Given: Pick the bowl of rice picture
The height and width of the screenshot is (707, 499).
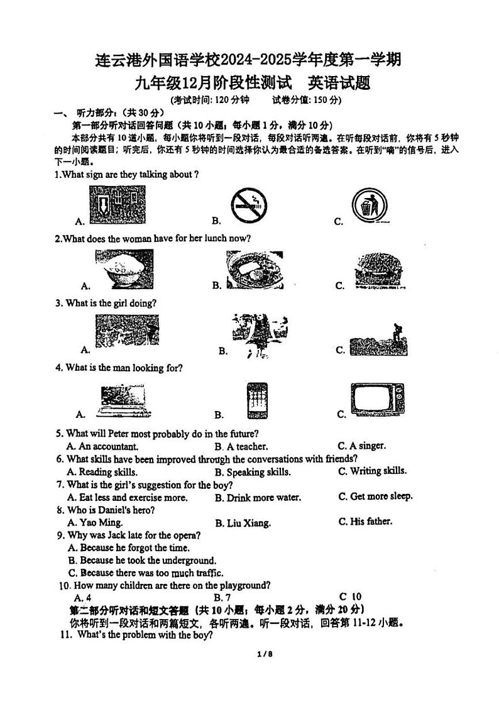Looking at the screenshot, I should point(124,270).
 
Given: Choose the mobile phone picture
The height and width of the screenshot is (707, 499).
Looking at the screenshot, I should point(256,400).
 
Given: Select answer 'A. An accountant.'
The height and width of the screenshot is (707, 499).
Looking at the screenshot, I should point(102,447).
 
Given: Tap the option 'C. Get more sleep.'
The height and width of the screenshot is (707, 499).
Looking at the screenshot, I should point(375,496).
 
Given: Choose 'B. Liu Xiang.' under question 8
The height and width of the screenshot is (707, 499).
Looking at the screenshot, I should point(243,523).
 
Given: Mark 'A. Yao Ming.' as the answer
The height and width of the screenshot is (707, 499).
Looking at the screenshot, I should point(95,522).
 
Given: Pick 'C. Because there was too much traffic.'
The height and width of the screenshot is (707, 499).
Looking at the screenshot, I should point(145,573).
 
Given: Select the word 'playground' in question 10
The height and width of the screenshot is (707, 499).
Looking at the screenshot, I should point(246,586).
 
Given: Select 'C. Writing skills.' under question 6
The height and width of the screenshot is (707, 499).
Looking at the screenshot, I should point(372,471).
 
